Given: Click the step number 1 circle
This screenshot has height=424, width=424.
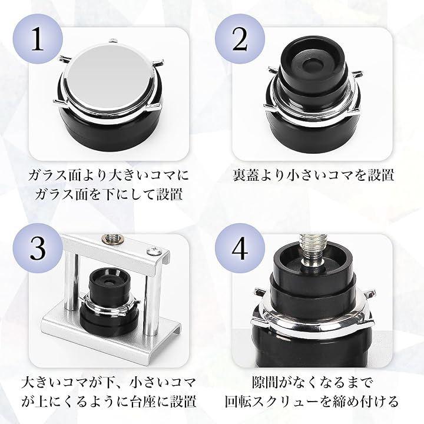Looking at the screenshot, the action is pos(38,39).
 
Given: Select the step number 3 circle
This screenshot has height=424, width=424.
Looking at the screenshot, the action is pos(38,248).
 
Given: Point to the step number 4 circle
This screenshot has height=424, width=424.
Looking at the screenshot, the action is pos(240,248).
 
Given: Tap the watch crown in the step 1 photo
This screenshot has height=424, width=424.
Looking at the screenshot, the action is pos(113,41).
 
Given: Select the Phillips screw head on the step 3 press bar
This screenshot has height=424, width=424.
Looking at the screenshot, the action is pos(152,251).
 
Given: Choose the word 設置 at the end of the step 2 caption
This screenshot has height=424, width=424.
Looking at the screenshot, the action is pos(381,175).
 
